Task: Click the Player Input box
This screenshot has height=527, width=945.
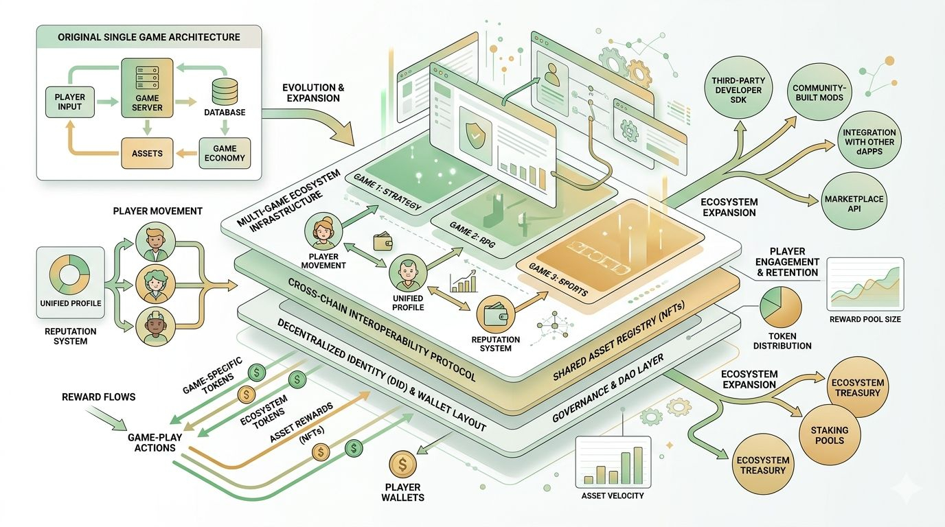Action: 69,102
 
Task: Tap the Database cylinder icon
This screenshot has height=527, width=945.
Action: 225,91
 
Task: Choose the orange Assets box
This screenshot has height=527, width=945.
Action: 147,153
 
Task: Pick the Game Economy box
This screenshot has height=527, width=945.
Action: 225,153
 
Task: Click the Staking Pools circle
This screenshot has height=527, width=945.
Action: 829,435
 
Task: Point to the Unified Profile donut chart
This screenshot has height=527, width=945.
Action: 70,277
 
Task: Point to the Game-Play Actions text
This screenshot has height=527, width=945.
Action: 152,442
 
